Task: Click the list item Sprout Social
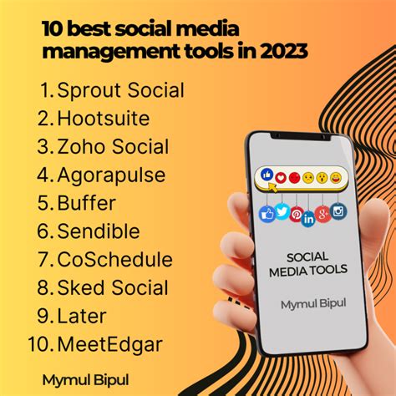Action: coord(120,90)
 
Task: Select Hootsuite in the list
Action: coord(104,119)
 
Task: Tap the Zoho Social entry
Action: coord(113,147)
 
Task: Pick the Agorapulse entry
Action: coord(111,175)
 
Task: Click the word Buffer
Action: coord(86,203)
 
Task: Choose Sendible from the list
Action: coord(99,231)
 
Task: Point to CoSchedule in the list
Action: coord(114,259)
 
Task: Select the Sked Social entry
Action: coord(113,287)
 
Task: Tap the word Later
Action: coord(82,316)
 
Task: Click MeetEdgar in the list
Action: coord(109,345)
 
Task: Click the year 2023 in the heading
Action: coord(284,51)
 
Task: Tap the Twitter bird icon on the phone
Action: coord(282,211)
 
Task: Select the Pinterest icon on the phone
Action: coord(296,215)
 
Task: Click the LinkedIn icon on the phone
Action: coord(308,220)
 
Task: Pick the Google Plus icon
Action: coord(322,215)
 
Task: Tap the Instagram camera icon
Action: coord(338,211)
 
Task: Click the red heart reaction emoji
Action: coord(281,178)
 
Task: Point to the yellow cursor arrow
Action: coord(272,187)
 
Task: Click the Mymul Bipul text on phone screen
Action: coord(313,304)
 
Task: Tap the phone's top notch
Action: coord(301,136)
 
